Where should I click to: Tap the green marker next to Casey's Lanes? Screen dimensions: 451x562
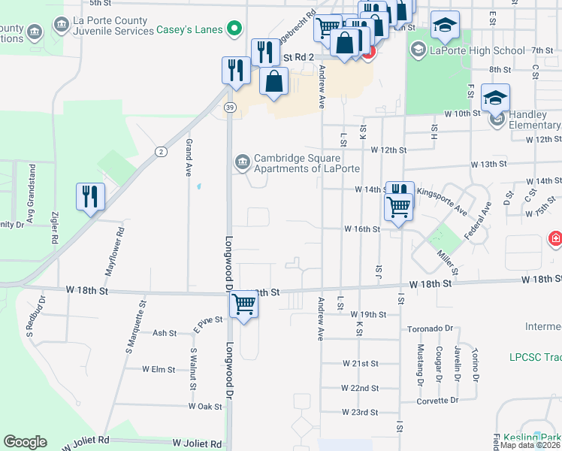tap(235, 29)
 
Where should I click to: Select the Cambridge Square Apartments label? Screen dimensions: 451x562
tap(297, 163)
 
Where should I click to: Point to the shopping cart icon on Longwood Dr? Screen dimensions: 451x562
tap(243, 305)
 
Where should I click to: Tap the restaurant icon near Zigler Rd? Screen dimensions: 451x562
tap(89, 197)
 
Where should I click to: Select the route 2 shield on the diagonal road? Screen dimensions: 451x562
tap(161, 152)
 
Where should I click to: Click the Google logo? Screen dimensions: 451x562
tap(25, 442)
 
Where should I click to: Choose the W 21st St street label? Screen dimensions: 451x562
tap(360, 363)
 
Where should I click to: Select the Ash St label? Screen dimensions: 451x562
tap(165, 332)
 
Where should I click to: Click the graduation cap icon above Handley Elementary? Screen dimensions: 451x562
tap(495, 98)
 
